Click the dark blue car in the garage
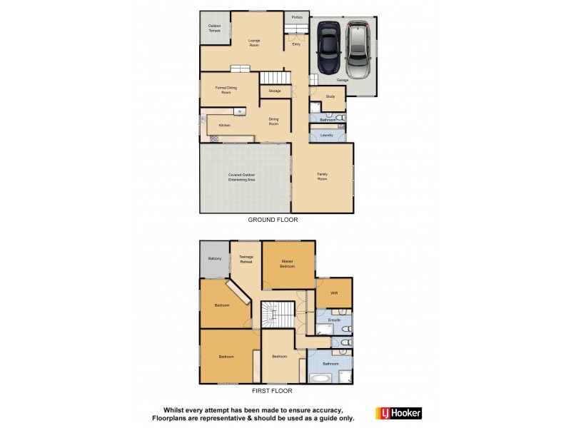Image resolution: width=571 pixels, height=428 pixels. click(329, 48)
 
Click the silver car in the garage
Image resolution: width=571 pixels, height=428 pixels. click(358, 50)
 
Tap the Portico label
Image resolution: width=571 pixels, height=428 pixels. click(296, 17)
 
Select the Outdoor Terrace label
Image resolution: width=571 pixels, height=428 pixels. click(214, 29)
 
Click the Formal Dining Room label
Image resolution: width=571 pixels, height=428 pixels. click(226, 90)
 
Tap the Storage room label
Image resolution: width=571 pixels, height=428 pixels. click(275, 91)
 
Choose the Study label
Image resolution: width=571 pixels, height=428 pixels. click(330, 96)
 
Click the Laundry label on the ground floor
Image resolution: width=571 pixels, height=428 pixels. click(327, 134)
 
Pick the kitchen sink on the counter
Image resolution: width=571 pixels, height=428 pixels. click(240, 111)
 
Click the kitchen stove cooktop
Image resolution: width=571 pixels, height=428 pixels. click(213, 138)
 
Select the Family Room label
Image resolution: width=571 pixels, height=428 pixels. click(323, 175)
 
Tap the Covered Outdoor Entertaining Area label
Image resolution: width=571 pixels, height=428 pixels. click(242, 177)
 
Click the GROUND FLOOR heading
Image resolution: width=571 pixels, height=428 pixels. click(273, 220)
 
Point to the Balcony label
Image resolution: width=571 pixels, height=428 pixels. click(214, 259)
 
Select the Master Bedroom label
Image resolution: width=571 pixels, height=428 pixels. click(288, 263)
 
